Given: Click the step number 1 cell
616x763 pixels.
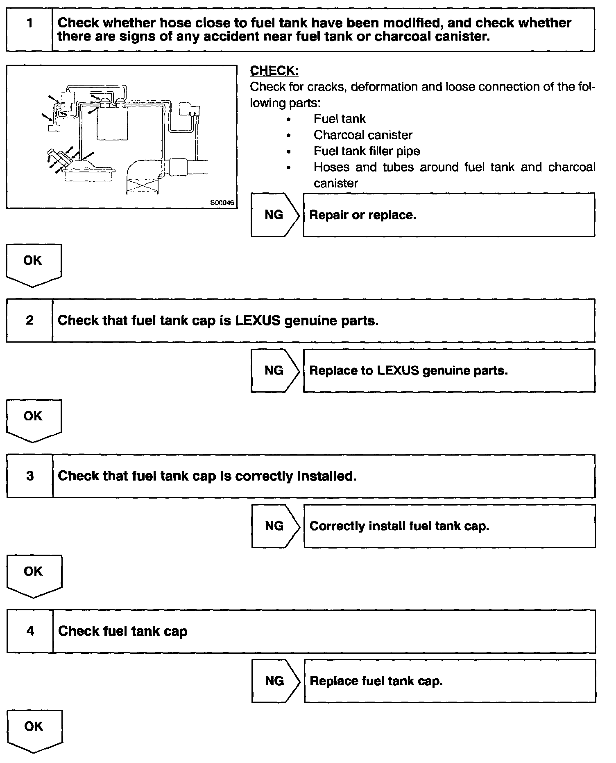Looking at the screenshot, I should pyautogui.click(x=29, y=29).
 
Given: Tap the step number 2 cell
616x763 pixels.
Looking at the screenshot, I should pyautogui.click(x=29, y=320).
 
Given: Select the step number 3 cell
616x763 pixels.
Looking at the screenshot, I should pyautogui.click(x=30, y=476).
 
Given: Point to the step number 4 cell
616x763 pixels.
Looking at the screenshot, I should pyautogui.click(x=30, y=631).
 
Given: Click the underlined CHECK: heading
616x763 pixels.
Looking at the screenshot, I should pyautogui.click(x=274, y=70).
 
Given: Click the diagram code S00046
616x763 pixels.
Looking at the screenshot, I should pyautogui.click(x=222, y=203).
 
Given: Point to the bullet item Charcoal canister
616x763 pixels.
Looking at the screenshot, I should pyautogui.click(x=362, y=135).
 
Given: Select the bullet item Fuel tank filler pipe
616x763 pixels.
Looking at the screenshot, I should pyautogui.click(x=367, y=151).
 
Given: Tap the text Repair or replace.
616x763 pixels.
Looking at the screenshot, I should pyautogui.click(x=362, y=215).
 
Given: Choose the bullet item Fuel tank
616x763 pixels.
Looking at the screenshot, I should pyautogui.click(x=339, y=119).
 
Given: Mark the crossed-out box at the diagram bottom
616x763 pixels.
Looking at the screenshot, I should pyautogui.click(x=142, y=186).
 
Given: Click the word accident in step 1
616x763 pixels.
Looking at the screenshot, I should pyautogui.click(x=226, y=36).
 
